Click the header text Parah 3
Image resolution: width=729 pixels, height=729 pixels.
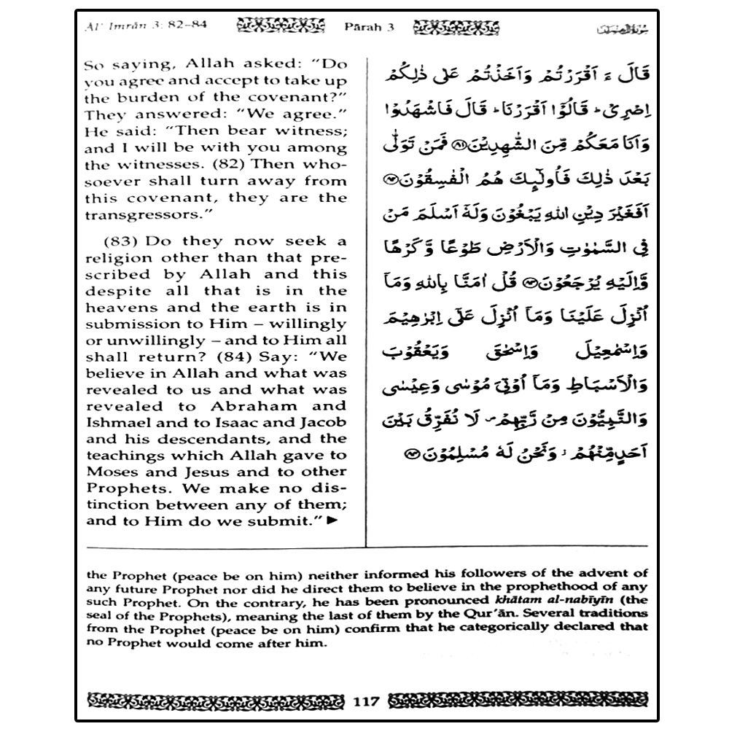[369, 27]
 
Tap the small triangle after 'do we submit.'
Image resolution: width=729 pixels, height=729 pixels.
[333, 521]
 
